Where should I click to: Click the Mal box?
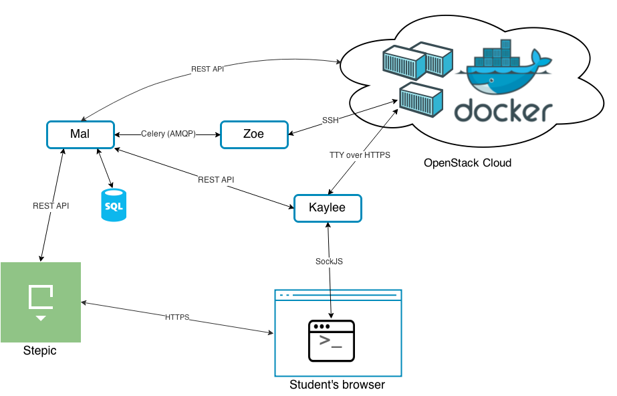tap(80, 134)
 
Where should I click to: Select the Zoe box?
tap(254, 134)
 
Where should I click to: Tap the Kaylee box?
tap(328, 208)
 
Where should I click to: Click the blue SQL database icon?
tap(114, 205)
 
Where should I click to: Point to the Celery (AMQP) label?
tap(168, 134)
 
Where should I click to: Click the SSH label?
tap(330, 121)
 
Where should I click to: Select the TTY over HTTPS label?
tap(360, 155)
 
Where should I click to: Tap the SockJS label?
tap(329, 262)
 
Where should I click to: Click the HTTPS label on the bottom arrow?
tap(177, 317)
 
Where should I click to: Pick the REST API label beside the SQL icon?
tap(51, 206)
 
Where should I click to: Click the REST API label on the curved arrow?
tap(207, 70)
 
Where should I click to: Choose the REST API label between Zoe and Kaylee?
tap(216, 181)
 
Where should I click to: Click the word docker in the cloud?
tap(503, 112)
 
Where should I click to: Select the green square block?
tap(41, 302)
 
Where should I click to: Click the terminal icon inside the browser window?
tap(332, 341)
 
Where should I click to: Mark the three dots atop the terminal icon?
tap(322, 327)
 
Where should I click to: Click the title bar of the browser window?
tap(338, 294)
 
